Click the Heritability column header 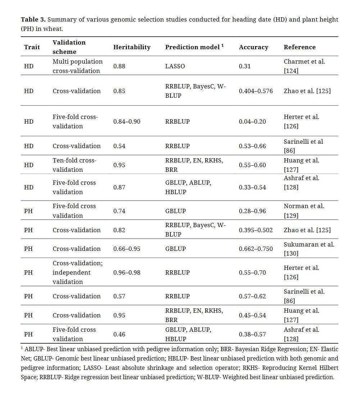click(x=132, y=47)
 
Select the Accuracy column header click(x=254, y=47)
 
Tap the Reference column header click(x=300, y=47)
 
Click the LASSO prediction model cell click(x=175, y=66)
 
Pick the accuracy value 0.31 click(x=245, y=66)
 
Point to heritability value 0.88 click(x=119, y=66)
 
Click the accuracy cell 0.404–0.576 click(x=256, y=91)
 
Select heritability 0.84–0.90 click(x=127, y=121)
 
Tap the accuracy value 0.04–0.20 click(x=252, y=121)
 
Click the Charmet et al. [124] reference click(x=304, y=66)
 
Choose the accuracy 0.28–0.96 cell click(x=252, y=211)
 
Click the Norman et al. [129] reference click(x=304, y=211)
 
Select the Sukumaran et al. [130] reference click(x=309, y=249)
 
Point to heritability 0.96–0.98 click(x=127, y=272)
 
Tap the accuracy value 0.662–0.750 click(x=256, y=249)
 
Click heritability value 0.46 click(x=119, y=334)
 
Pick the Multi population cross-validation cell click(x=78, y=66)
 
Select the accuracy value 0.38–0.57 click(x=252, y=334)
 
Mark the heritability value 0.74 click(x=119, y=211)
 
